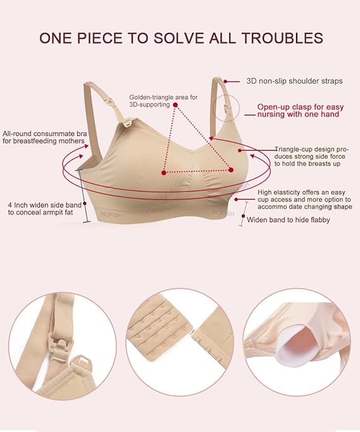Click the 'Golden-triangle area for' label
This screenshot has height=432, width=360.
coord(154,97)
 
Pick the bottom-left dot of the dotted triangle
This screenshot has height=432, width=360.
coord(164,172)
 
